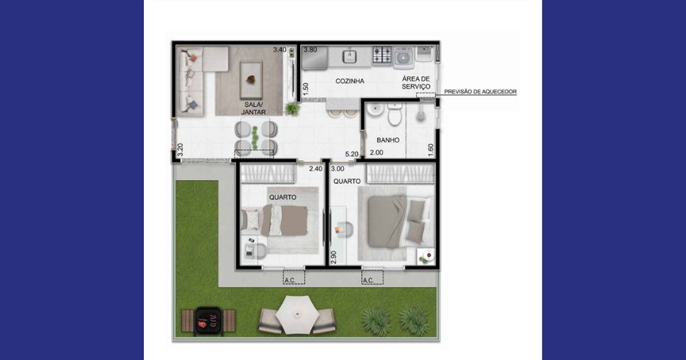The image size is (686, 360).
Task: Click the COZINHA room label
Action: [x=350, y=81]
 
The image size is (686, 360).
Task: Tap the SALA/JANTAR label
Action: [x=253, y=108]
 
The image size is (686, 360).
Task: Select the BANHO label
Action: [x=387, y=140]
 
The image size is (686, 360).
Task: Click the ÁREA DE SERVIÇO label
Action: [x=415, y=83]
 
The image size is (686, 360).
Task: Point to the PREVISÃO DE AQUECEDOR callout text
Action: [x=480, y=92]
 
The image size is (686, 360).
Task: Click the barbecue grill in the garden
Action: [x=208, y=321]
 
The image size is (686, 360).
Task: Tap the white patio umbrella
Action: [x=297, y=314]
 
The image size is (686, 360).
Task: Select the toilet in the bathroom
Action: [x=394, y=114]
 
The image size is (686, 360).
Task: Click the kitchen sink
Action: [x=349, y=57]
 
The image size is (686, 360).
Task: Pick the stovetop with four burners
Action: [x=381, y=56]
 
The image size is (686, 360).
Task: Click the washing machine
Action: [x=403, y=58]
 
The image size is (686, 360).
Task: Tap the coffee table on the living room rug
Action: [x=251, y=80]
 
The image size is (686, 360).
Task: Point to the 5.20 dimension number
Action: [x=352, y=154]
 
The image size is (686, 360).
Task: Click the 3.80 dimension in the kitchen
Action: [x=311, y=50]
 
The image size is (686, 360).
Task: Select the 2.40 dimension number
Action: [x=316, y=168]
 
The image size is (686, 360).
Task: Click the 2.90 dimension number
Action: [x=333, y=257]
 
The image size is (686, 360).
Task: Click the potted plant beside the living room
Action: [x=292, y=108]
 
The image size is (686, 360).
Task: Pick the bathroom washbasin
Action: [x=375, y=110]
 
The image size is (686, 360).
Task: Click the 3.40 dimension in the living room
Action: [x=280, y=50]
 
